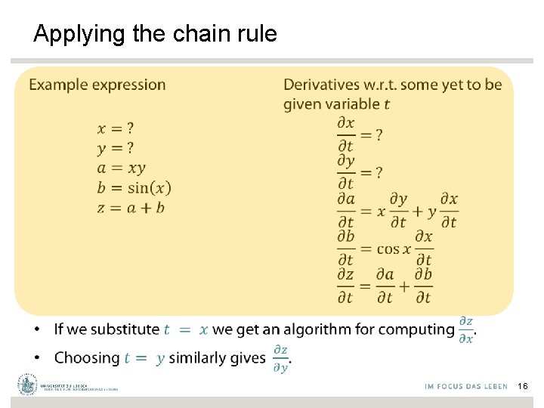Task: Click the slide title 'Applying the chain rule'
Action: pyautogui.click(x=156, y=34)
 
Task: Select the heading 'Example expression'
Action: pyautogui.click(x=97, y=85)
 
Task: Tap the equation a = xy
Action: pyautogui.click(x=121, y=168)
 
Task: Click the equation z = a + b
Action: pyautogui.click(x=131, y=207)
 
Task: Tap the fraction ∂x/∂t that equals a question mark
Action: pyautogui.click(x=345, y=134)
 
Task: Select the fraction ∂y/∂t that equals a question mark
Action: pyautogui.click(x=345, y=172)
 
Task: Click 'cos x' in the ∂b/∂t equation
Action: pyautogui.click(x=393, y=249)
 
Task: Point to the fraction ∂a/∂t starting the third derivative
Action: pyautogui.click(x=345, y=210)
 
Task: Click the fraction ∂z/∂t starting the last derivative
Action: pyautogui.click(x=345, y=286)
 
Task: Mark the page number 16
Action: pyautogui.click(x=523, y=386)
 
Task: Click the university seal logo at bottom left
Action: pyautogui.click(x=28, y=384)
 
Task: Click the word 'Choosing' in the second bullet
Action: pyautogui.click(x=87, y=357)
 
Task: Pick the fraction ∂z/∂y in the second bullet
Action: pyautogui.click(x=280, y=358)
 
